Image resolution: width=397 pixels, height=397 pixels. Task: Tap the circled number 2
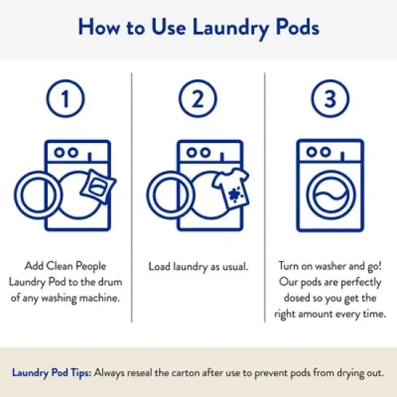point(198,100)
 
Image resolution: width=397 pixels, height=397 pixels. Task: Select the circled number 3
point(330,100)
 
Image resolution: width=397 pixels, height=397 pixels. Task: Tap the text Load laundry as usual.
point(198,266)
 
